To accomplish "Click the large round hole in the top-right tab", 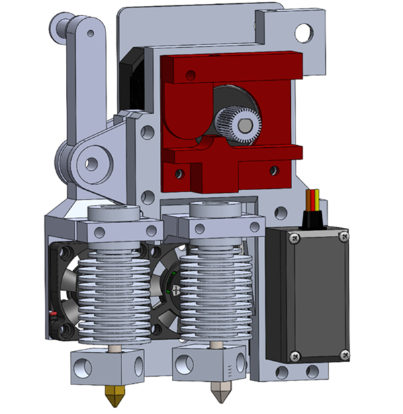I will [x=304, y=30].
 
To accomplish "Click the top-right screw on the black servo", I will [x=344, y=235].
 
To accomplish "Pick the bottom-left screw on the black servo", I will [x=292, y=356].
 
